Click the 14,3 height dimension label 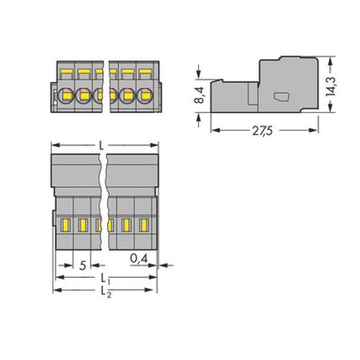click(x=330, y=86)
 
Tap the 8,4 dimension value click(x=199, y=95)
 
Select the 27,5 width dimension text click(x=262, y=131)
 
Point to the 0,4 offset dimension click(x=139, y=258)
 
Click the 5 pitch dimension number click(x=82, y=266)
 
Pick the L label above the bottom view click(x=102, y=145)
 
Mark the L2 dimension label click(x=106, y=292)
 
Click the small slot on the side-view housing click(x=282, y=96)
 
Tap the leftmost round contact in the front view click(x=66, y=96)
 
